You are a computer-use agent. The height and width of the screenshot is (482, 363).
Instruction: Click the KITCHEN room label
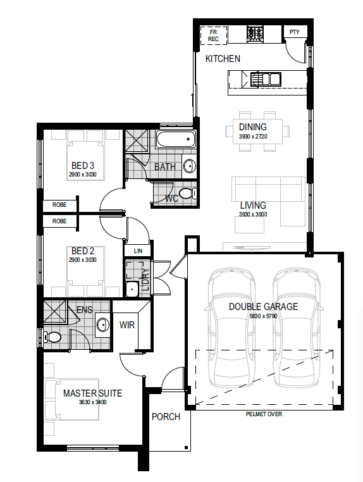223,59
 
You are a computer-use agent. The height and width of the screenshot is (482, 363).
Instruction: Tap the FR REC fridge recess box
213,35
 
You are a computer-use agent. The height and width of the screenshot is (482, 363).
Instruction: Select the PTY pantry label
294,32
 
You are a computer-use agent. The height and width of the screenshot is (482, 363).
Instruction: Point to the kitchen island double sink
266,79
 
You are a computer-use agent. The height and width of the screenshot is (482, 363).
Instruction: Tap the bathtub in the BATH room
175,140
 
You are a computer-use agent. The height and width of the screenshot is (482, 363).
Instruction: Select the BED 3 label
83,166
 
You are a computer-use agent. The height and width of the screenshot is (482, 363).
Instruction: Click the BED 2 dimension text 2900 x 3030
83,260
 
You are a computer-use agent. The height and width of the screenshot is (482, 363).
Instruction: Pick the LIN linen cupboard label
138,251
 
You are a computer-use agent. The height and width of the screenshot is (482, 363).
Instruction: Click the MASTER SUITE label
92,393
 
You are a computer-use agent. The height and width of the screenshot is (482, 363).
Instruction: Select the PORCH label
166,417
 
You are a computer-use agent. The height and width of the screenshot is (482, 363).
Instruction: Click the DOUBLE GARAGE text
263,307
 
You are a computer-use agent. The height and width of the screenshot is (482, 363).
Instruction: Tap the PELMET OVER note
264,414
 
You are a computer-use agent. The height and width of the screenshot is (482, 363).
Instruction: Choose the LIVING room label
253,206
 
